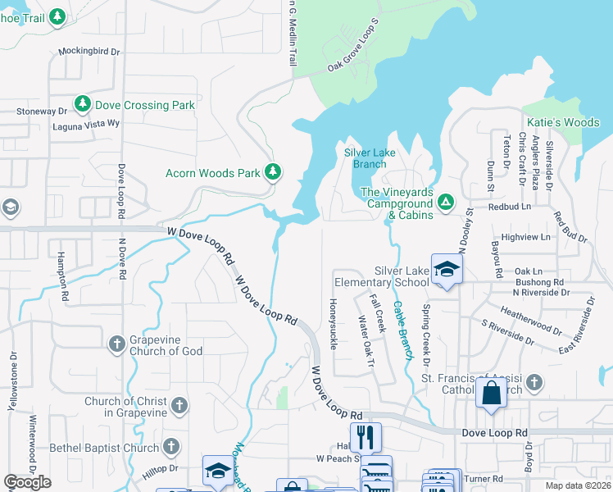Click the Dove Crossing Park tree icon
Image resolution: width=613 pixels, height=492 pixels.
[x=82, y=104]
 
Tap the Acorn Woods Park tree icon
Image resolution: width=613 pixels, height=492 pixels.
[x=273, y=172]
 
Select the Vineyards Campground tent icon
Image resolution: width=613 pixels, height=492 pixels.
[x=445, y=201]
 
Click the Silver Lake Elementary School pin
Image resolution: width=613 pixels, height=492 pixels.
[x=447, y=269]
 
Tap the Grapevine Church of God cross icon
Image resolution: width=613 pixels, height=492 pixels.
[x=116, y=343]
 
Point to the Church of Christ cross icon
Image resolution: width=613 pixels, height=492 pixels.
[x=179, y=405]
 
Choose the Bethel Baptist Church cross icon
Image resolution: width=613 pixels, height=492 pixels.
[x=170, y=447]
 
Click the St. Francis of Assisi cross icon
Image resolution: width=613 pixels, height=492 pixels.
[x=534, y=383]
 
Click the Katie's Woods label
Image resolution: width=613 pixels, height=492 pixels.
[x=563, y=123]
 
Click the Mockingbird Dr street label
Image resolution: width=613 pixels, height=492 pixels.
[x=89, y=51]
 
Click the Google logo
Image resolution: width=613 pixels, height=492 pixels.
[x=28, y=482]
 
